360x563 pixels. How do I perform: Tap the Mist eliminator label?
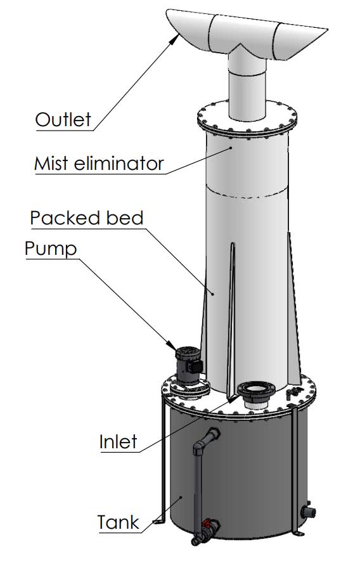pos(98,164)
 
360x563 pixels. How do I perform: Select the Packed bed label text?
pos(87,218)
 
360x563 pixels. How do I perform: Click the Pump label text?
pos(51,249)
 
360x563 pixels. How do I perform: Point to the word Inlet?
pos(118,441)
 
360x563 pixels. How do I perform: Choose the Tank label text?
pos(118,523)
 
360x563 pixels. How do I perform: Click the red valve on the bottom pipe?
pos(207,525)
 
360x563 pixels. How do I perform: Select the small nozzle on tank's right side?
pos(309,510)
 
